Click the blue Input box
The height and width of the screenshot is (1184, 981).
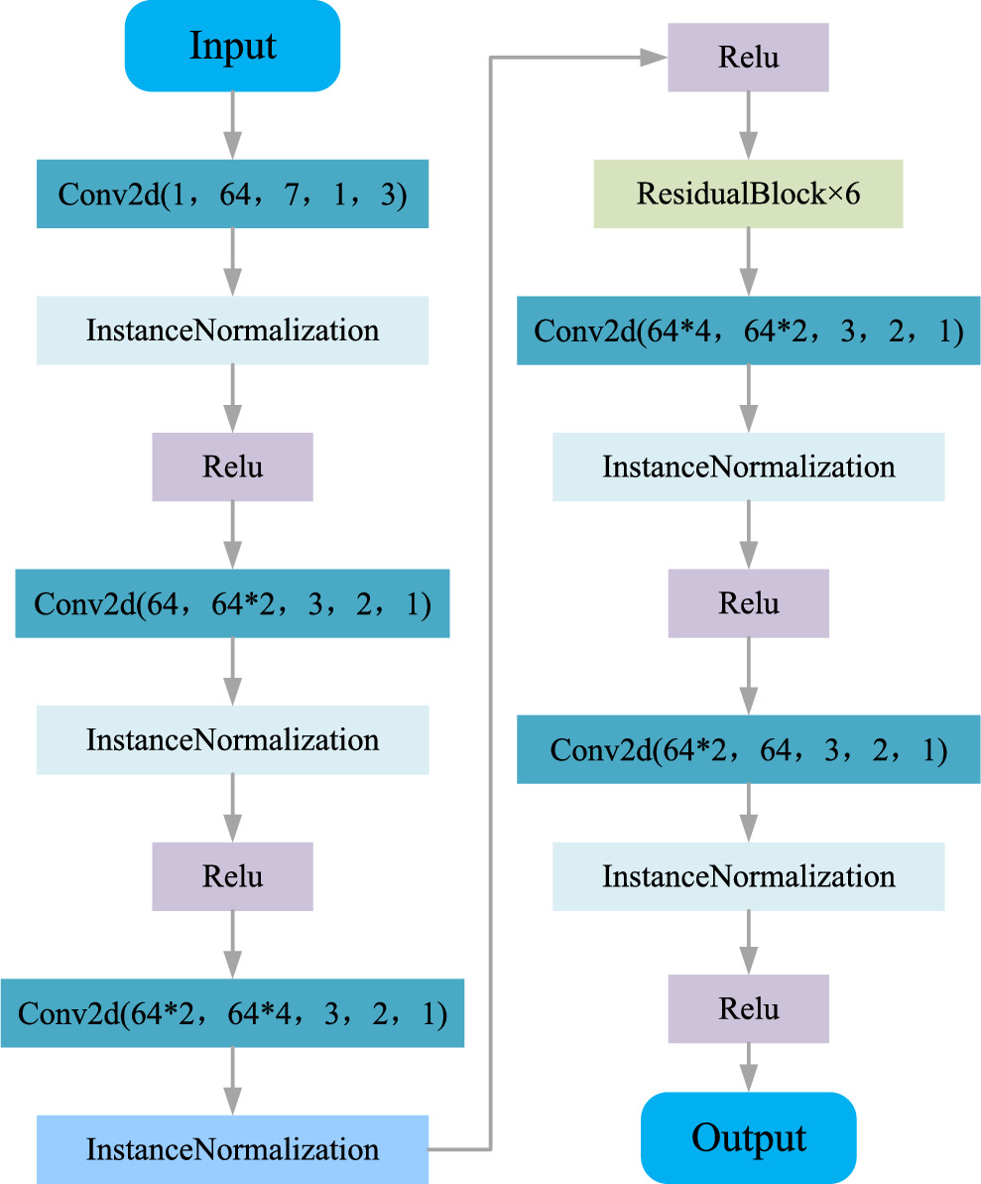pyautogui.click(x=232, y=47)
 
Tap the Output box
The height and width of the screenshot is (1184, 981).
pyautogui.click(x=748, y=1137)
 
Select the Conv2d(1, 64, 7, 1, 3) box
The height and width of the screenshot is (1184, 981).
pyautogui.click(x=232, y=194)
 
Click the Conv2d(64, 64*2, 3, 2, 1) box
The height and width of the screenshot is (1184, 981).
pyautogui.click(x=232, y=603)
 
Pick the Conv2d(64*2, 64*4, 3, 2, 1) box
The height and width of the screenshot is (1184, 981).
pyautogui.click(x=232, y=1013)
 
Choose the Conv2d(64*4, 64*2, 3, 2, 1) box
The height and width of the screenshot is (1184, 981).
pyautogui.click(x=748, y=330)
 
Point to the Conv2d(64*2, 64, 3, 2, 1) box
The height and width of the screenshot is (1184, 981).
pyautogui.click(x=748, y=749)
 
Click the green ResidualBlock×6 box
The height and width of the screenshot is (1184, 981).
pyautogui.click(x=748, y=194)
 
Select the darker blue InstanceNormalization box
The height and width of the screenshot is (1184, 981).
pyautogui.click(x=232, y=1149)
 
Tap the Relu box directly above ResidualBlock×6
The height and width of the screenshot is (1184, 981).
pyautogui.click(x=748, y=58)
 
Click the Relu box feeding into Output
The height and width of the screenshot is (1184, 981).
pyautogui.click(x=748, y=1008)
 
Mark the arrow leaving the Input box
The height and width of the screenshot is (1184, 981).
pyautogui.click(x=232, y=124)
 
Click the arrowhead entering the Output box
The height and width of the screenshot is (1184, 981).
pyautogui.click(x=748, y=1080)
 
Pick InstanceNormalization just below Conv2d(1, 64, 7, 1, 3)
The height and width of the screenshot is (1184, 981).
pyautogui.click(x=232, y=329)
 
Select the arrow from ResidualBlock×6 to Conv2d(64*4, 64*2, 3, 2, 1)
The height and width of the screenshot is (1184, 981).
pyautogui.click(x=748, y=262)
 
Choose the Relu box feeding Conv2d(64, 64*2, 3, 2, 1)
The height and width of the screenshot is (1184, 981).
pyautogui.click(x=232, y=466)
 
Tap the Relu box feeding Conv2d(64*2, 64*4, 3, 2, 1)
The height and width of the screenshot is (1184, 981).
pyautogui.click(x=232, y=876)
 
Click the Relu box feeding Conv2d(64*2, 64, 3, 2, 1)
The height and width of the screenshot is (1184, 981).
pyautogui.click(x=748, y=603)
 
